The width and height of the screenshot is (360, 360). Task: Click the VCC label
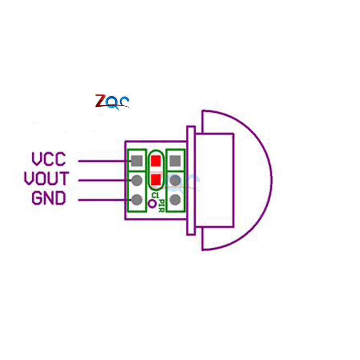[x=49, y=159]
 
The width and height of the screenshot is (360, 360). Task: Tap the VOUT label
[x=46, y=179]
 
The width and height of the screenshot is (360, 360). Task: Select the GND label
[x=49, y=198]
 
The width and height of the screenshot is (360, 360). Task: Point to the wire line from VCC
[x=103, y=161]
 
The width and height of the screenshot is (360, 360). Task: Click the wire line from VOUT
[x=103, y=180]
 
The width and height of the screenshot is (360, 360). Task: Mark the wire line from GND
[x=103, y=200]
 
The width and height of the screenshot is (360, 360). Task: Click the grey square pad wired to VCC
[x=136, y=161]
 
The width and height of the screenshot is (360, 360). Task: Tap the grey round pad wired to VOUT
[x=136, y=180]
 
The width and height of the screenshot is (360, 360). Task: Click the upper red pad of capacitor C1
[x=156, y=161]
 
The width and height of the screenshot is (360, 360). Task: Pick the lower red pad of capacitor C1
[x=156, y=179]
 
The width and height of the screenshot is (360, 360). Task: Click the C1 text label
[x=155, y=195]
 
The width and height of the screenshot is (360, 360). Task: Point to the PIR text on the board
[x=162, y=206]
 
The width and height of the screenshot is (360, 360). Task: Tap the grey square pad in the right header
[x=175, y=161]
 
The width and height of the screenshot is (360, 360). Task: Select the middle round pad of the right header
[x=175, y=180]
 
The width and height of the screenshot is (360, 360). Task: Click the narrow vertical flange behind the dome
[x=191, y=180]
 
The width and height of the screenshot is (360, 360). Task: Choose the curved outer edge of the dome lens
[x=271, y=180]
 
